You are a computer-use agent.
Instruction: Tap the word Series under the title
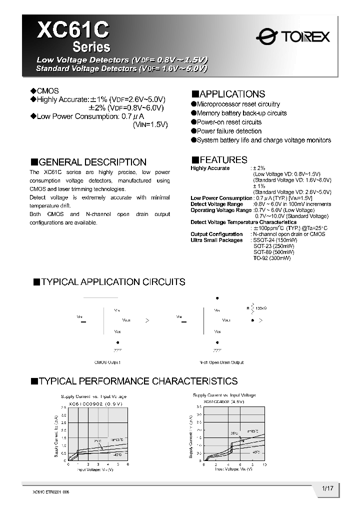(91, 47)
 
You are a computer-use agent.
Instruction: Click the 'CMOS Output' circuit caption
(107, 362)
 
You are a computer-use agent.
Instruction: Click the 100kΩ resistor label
(261, 308)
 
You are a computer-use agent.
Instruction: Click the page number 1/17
(327, 487)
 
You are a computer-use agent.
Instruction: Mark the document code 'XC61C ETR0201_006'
(50, 492)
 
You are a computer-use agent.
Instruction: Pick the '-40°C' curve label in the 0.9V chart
(117, 454)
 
